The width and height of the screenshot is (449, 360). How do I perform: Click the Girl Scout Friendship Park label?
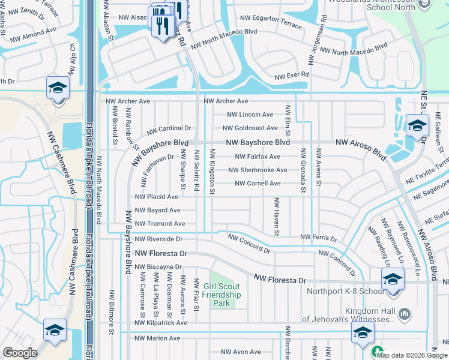[x=221, y=295]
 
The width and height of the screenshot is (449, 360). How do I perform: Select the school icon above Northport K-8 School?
[x=393, y=280]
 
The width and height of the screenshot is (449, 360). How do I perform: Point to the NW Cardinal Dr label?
[x=169, y=128]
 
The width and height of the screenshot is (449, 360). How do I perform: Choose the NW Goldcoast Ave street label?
[x=250, y=128]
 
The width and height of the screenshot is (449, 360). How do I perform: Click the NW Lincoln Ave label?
[x=250, y=115]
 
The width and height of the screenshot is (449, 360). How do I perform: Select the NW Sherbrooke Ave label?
[x=258, y=170]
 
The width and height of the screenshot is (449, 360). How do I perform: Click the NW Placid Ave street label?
[x=157, y=197]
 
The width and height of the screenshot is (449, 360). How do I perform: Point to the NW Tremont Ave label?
[x=160, y=224]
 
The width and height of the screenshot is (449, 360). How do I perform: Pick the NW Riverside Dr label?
[x=160, y=238]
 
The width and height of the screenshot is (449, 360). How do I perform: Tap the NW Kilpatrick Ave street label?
[x=161, y=323]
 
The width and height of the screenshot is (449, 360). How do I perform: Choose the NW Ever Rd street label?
[x=292, y=76]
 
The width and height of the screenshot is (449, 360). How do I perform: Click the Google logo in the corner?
[x=20, y=353]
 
